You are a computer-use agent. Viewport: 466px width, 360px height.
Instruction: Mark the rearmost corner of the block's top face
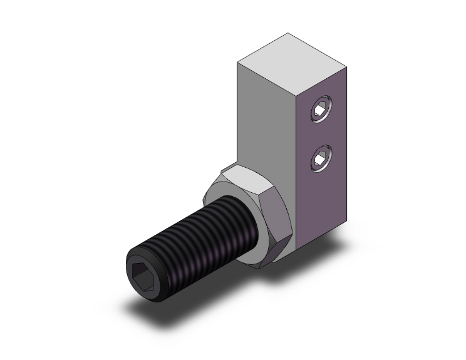(x=288, y=33)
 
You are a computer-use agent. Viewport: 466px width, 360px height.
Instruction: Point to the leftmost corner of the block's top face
(x=237, y=62)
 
